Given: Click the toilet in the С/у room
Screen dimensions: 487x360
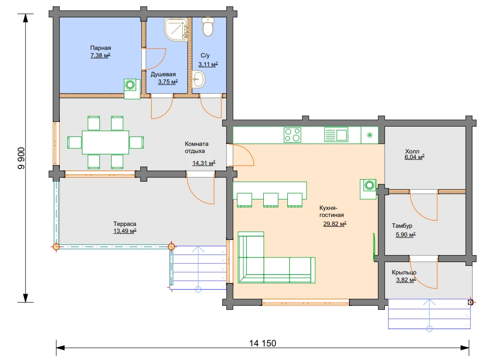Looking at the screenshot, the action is (208, 26).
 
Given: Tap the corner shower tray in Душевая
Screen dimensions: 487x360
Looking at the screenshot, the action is (176, 29).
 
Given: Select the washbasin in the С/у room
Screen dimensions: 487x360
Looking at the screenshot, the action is (198, 80).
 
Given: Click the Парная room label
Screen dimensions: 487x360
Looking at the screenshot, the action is (101, 48).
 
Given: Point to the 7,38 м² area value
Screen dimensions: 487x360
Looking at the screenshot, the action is (100, 55).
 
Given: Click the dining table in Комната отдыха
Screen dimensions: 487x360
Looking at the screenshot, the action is (106, 143).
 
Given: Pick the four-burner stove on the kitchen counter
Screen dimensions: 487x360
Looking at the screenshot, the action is (292, 135).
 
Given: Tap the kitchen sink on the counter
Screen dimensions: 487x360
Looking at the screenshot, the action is (336, 135).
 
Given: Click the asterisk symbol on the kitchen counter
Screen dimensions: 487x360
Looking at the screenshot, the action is (370, 135).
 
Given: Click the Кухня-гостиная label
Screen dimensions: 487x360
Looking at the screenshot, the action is (332, 211).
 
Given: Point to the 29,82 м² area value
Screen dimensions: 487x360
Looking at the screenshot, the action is (335, 224).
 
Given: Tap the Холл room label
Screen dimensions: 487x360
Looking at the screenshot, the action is (412, 151).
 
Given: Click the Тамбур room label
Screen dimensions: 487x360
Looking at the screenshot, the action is (402, 226).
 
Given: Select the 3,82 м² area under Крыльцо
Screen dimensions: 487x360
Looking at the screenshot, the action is (406, 280).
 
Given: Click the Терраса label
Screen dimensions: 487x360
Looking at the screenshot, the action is (125, 224).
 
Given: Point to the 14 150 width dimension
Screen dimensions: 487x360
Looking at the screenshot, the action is (263, 343).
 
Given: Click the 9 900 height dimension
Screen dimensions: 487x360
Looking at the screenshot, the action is (21, 158).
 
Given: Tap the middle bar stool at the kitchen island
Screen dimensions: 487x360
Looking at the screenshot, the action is (271, 200).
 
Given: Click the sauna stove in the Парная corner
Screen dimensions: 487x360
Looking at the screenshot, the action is (132, 89).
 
